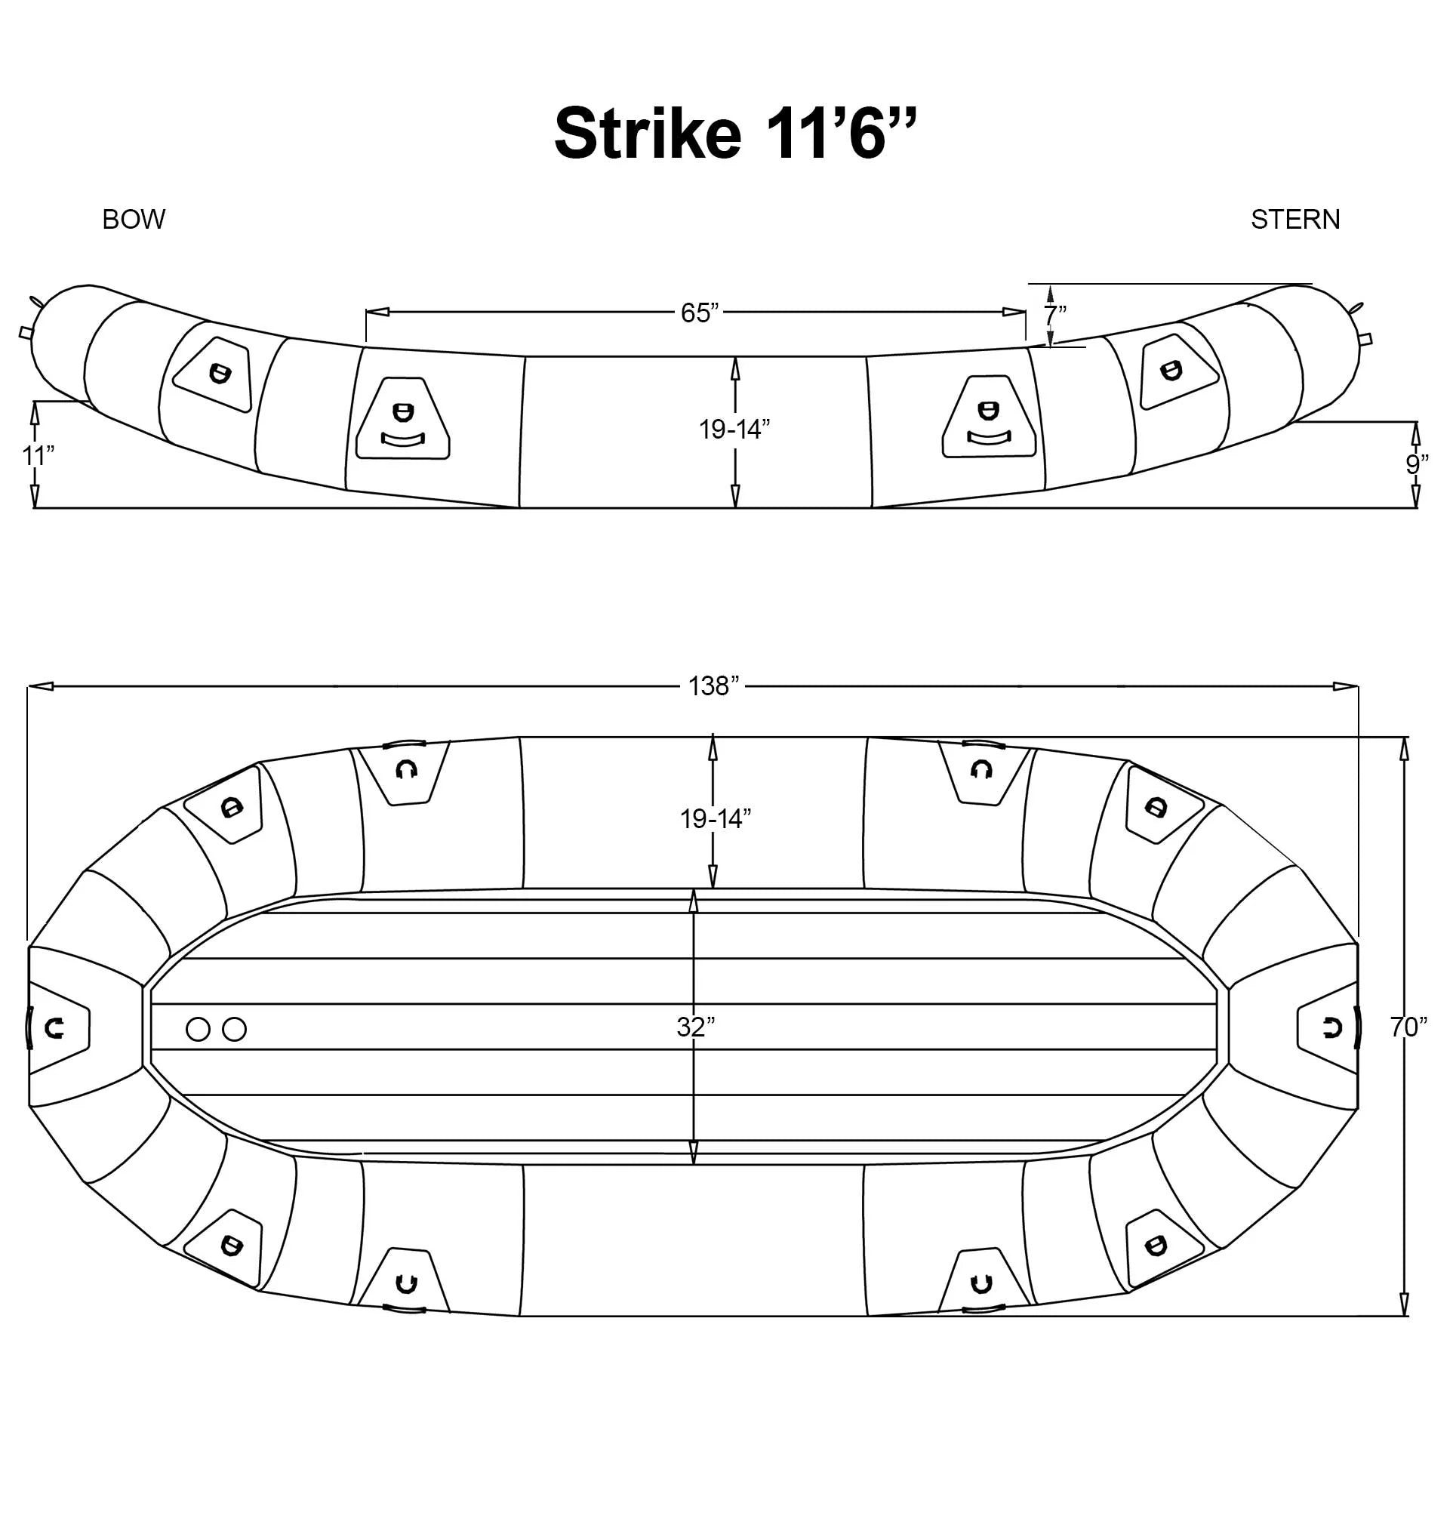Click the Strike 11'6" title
735,133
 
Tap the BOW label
134,220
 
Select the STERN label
1295,220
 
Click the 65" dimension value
700,313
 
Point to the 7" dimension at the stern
1054,316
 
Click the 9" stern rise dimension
1418,465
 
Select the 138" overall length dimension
714,686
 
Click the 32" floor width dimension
695,1027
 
